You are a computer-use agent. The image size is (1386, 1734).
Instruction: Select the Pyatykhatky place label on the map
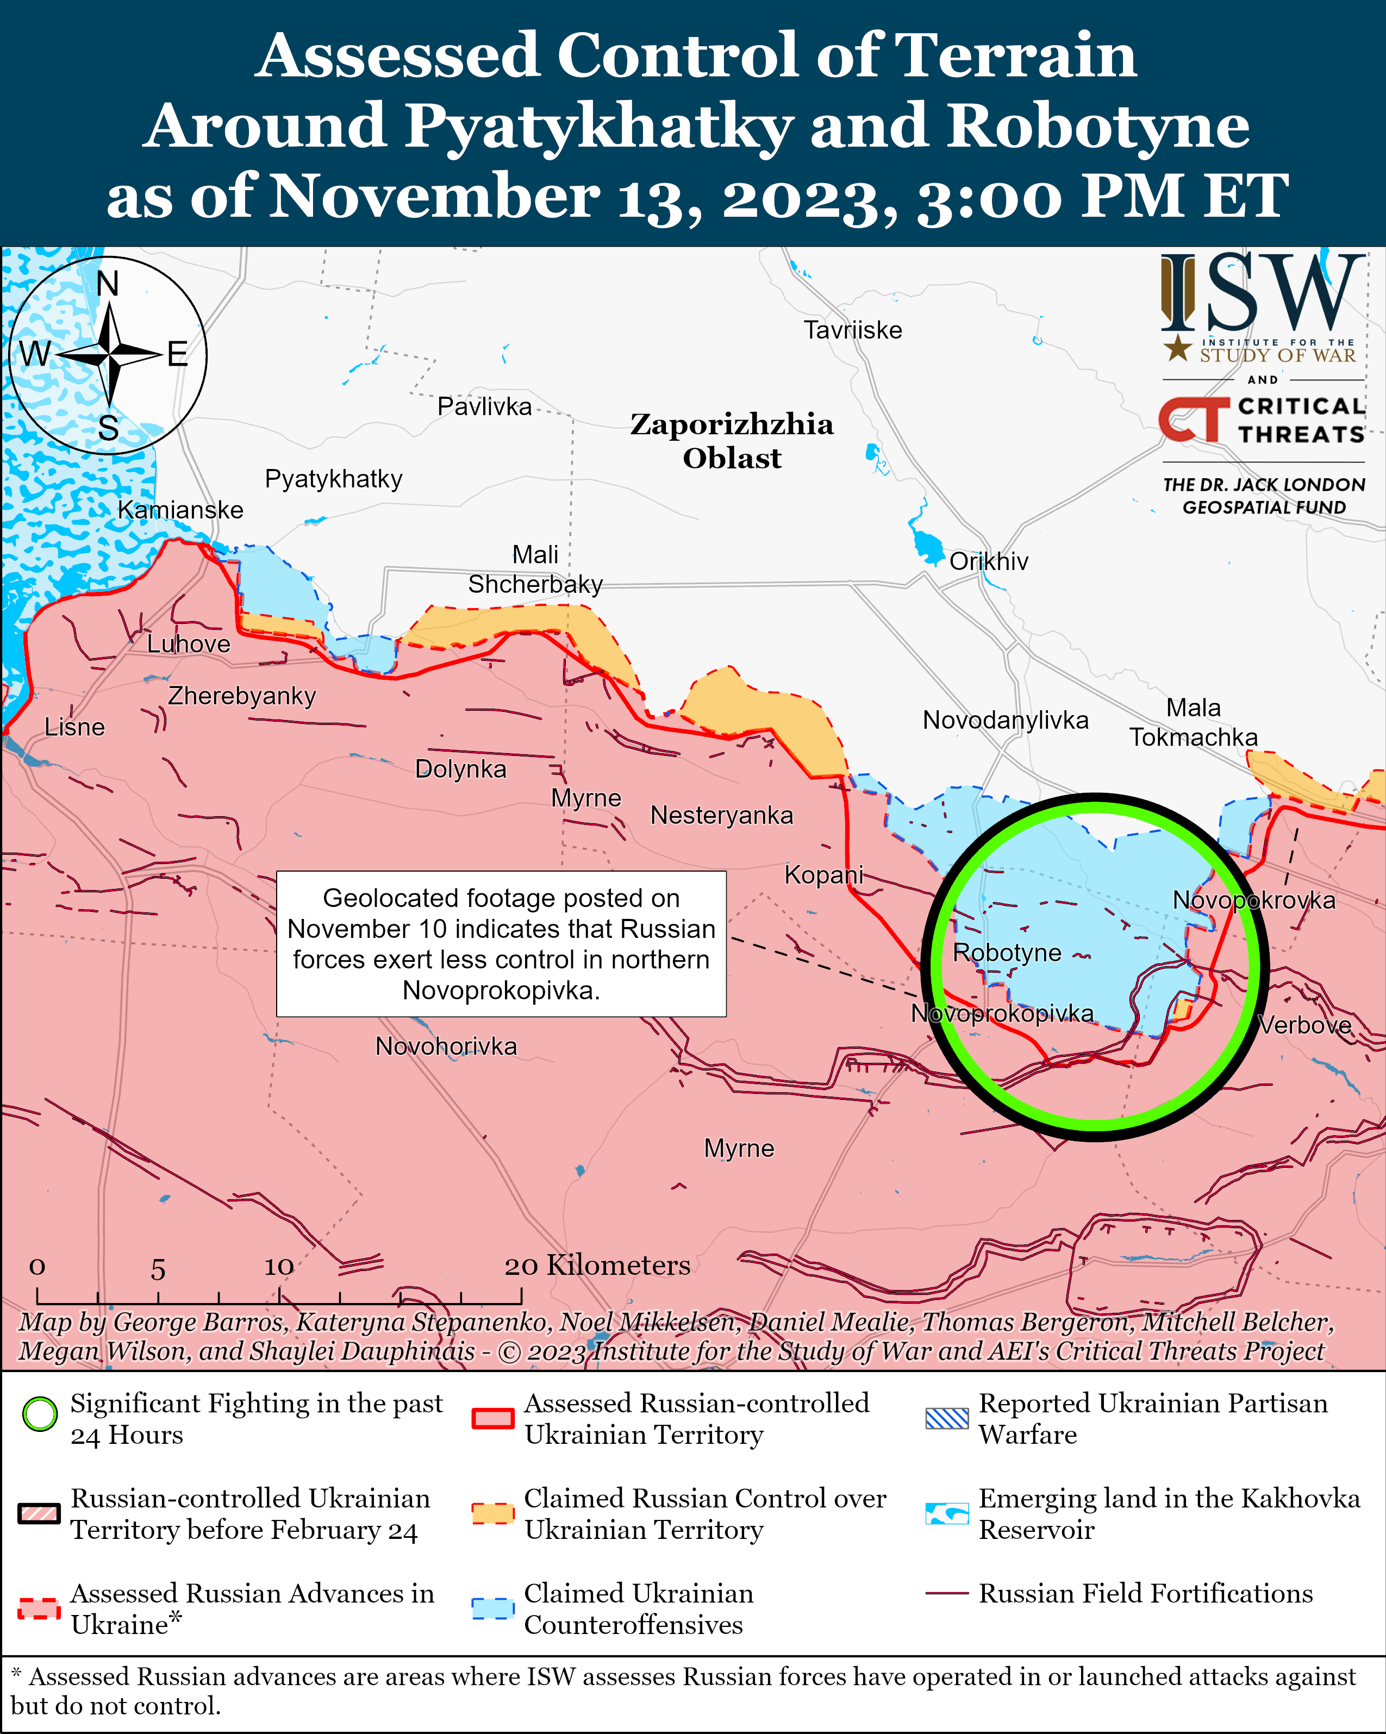[333, 479]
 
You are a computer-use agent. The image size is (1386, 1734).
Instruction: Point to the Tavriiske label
[853, 330]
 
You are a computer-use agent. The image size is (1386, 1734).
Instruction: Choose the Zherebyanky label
[241, 695]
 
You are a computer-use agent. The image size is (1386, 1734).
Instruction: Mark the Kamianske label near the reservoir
[180, 509]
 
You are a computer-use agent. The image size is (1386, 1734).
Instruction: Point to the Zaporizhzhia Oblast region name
[731, 441]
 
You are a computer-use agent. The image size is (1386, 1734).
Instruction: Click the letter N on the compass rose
[107, 284]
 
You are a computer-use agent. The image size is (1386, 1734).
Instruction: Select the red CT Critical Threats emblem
[1193, 420]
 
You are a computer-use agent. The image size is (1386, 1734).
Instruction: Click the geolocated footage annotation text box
[501, 943]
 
